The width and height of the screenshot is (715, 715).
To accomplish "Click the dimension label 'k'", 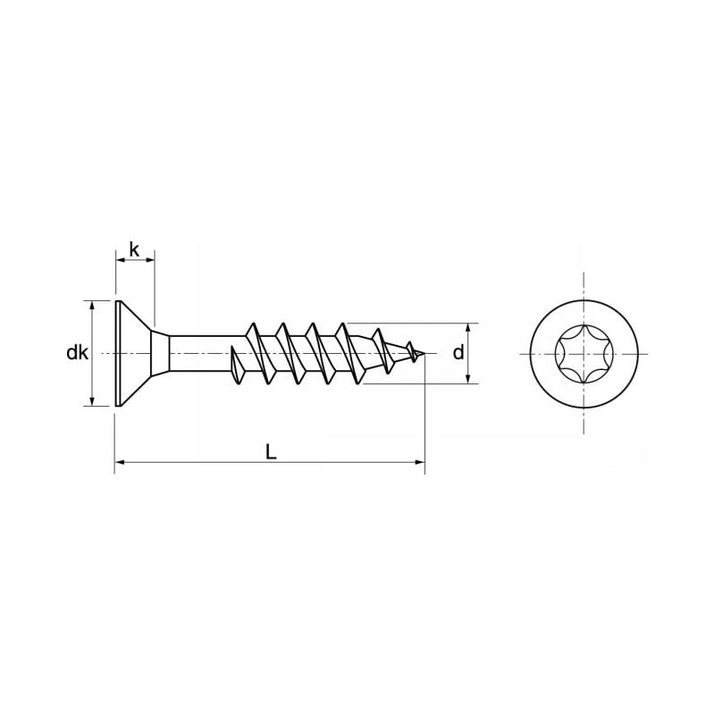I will click(x=134, y=249).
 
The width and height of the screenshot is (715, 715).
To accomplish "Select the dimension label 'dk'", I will click(x=77, y=353).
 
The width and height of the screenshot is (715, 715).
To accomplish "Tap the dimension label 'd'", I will click(x=458, y=353).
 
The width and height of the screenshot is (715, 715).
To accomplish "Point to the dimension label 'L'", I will click(x=271, y=452).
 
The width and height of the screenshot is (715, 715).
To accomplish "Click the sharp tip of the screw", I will click(x=423, y=355).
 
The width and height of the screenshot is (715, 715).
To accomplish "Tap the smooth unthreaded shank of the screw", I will click(x=201, y=354).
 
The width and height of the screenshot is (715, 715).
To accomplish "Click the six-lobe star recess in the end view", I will click(x=584, y=354).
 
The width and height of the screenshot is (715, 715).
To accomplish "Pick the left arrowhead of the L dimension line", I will click(x=120, y=462).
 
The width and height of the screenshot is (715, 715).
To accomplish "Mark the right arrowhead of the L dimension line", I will click(x=419, y=462).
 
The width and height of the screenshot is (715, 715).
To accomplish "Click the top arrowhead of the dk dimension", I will click(x=92, y=305).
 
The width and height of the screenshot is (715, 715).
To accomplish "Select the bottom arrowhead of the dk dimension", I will click(x=92, y=401).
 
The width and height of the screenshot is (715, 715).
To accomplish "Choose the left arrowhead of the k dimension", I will click(x=120, y=260).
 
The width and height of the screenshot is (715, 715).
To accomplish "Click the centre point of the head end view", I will click(x=584, y=354).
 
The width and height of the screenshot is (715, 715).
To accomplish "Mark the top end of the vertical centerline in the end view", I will click(x=584, y=274).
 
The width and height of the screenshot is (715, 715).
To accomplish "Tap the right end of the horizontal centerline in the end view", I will click(x=646, y=354).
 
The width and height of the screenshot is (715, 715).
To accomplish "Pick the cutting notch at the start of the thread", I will click(x=237, y=366).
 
